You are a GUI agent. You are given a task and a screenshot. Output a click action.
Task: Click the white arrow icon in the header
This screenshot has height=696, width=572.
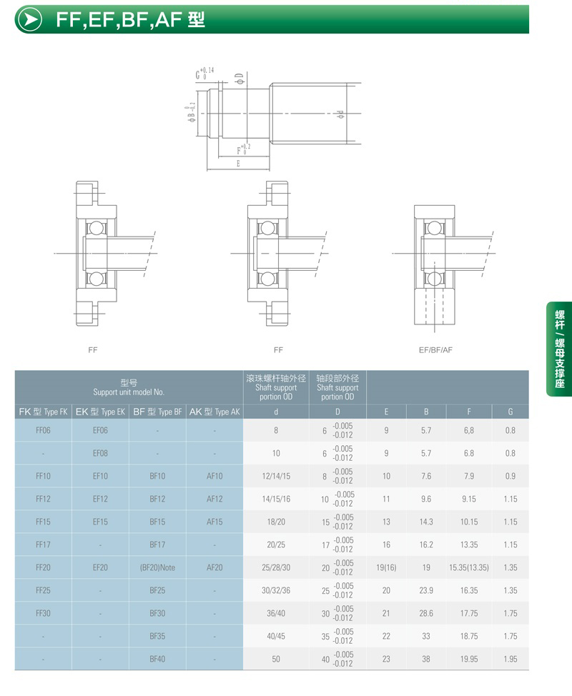[x=30, y=19]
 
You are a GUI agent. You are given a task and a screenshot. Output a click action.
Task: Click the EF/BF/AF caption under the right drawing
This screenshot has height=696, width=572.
[x=435, y=349]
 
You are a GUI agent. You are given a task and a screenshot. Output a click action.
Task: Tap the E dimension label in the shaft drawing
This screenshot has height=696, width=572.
[x=239, y=164]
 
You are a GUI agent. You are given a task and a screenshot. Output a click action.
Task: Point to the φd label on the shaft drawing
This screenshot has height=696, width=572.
[x=340, y=114]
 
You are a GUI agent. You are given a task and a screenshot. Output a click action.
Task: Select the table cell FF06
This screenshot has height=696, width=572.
[x=43, y=430]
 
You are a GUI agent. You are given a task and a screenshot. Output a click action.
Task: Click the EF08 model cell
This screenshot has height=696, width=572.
[x=100, y=453]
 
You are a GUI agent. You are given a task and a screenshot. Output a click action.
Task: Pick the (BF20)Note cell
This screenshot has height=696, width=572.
[x=157, y=567]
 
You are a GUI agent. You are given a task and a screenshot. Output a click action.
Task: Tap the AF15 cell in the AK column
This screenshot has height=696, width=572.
[x=214, y=522]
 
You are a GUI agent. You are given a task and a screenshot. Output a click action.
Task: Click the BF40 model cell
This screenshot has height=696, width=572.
[x=157, y=659]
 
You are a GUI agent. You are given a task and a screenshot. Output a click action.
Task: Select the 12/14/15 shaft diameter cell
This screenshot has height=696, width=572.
[x=276, y=476]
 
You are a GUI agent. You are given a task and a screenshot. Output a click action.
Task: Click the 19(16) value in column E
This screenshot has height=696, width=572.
[x=386, y=567]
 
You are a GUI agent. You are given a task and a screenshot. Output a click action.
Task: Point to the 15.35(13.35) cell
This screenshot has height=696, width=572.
[x=469, y=567]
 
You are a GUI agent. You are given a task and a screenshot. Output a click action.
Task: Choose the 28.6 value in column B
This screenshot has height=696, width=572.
[x=426, y=613]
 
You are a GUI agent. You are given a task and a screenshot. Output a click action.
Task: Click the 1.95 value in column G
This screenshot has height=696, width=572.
[x=511, y=659]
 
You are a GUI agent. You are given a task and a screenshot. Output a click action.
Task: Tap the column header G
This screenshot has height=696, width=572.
[x=511, y=412]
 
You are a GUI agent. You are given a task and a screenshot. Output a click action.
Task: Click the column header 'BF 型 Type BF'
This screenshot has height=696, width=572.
[x=157, y=412]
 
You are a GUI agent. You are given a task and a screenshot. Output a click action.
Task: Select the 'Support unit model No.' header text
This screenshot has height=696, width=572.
[x=129, y=392]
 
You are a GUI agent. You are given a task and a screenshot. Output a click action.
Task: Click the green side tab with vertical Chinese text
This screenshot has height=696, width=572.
[x=559, y=349]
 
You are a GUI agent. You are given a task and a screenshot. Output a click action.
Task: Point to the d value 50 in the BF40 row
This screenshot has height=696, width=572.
[x=276, y=659]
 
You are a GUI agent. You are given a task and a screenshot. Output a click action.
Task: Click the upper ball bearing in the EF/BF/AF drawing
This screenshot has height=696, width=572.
[x=434, y=228]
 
